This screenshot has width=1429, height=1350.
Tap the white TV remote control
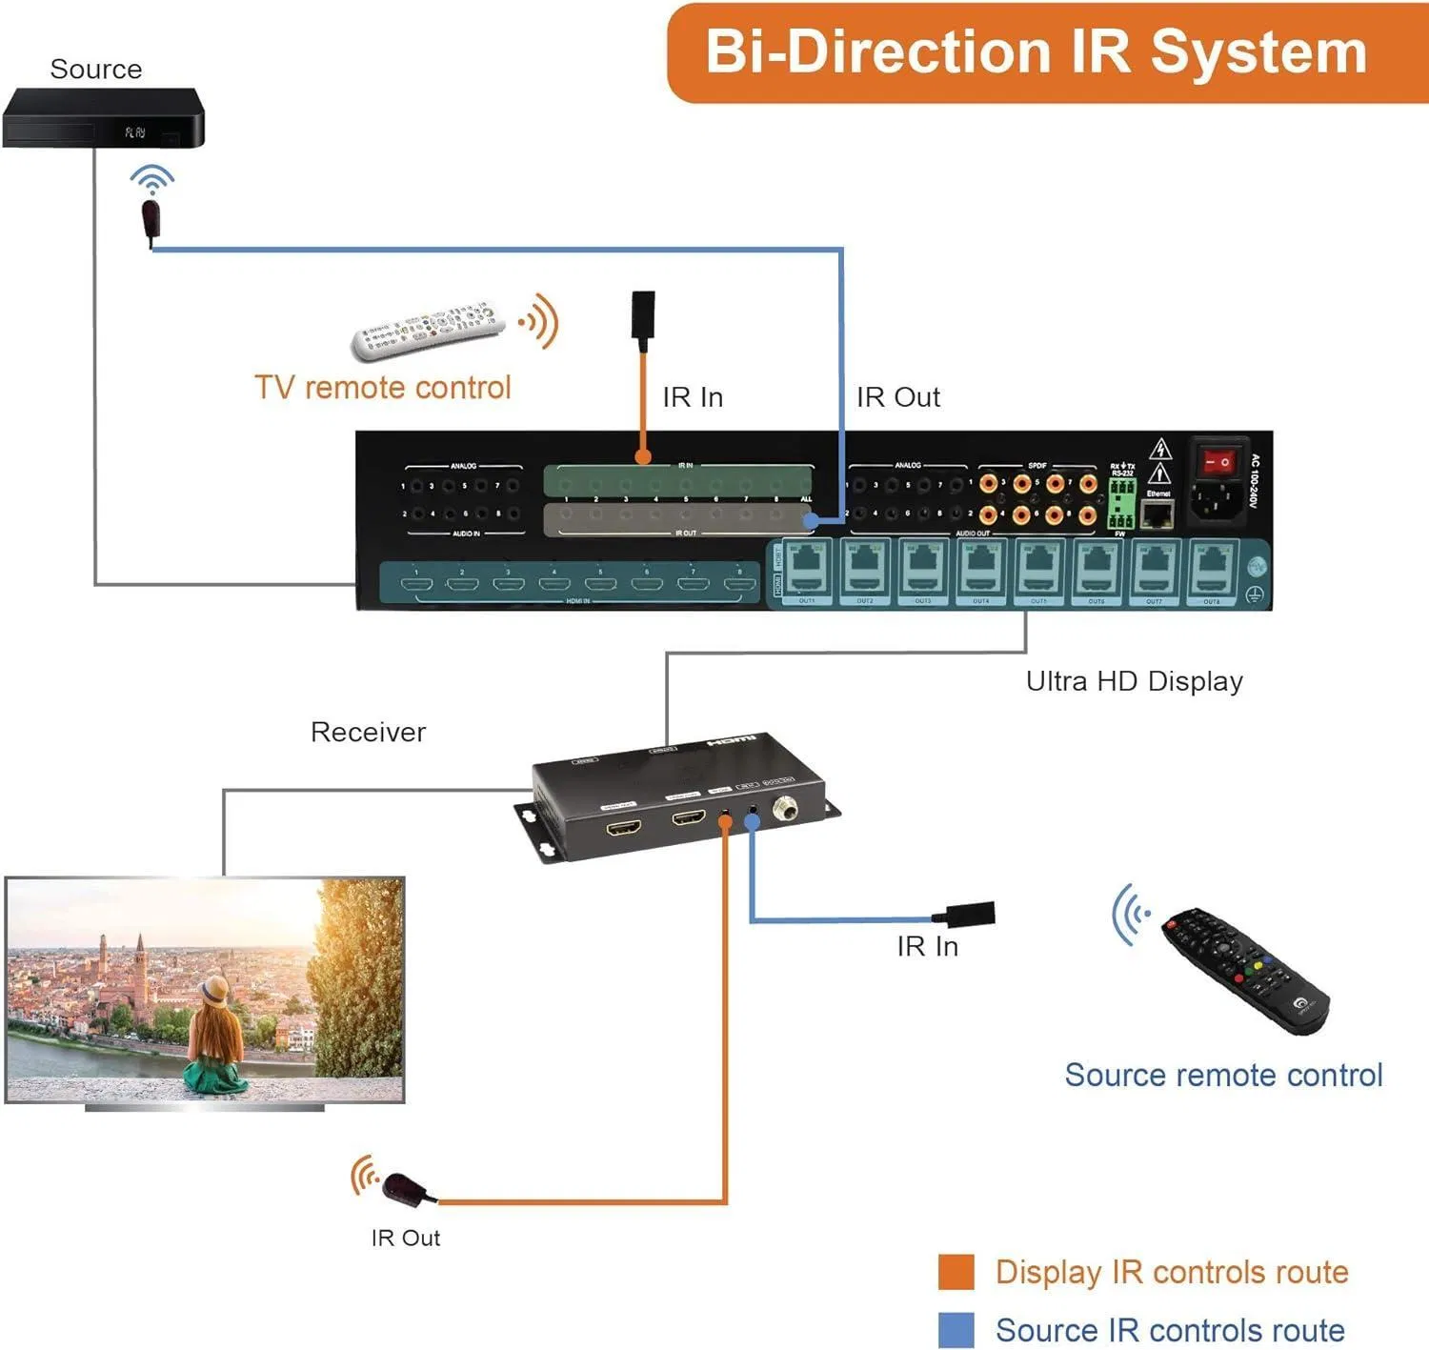pyautogui.click(x=428, y=330)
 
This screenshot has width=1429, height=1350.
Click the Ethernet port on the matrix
pyautogui.click(x=1157, y=515)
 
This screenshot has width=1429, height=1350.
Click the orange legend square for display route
pyautogui.click(x=956, y=1272)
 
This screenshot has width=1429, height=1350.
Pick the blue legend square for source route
pyautogui.click(x=956, y=1330)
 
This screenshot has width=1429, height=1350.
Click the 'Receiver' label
pyautogui.click(x=368, y=732)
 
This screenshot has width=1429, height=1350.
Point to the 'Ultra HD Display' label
pyautogui.click(x=1134, y=681)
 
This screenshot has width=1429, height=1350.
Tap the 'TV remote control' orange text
pyautogui.click(x=382, y=388)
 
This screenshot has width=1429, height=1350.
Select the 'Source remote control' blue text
pyautogui.click(x=1223, y=1075)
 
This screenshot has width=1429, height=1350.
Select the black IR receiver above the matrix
pyautogui.click(x=643, y=314)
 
